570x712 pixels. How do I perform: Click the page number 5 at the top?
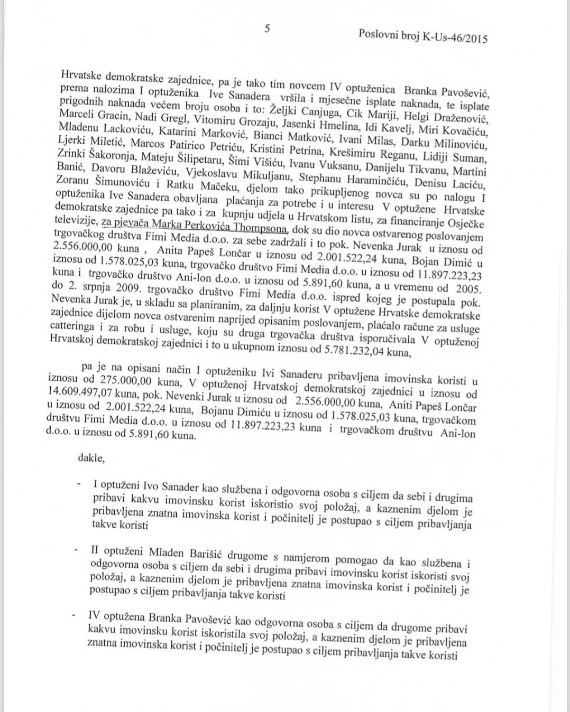(268, 29)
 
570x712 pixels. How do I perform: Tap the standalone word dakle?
(91, 458)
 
